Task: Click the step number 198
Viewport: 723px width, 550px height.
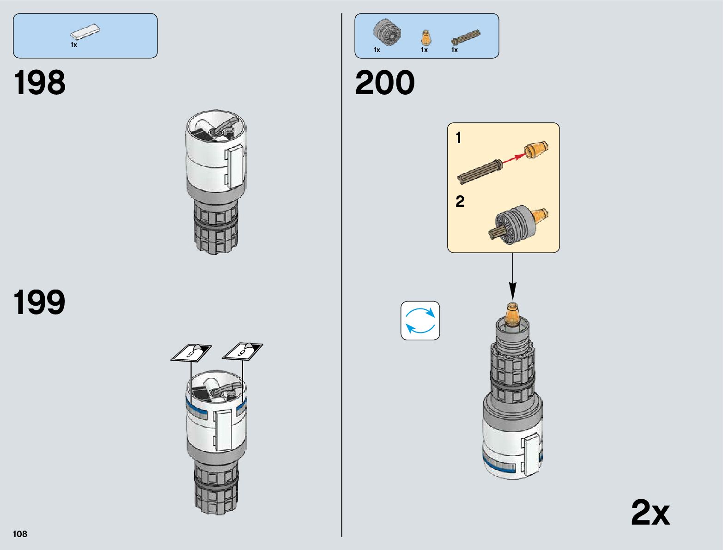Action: (x=40, y=83)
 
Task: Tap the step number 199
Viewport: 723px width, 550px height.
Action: (x=40, y=303)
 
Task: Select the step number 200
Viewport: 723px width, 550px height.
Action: (x=385, y=83)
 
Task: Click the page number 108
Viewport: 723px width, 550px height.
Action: (x=20, y=534)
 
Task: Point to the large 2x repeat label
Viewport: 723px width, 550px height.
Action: (x=650, y=513)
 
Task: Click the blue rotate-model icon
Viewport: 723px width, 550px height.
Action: (x=420, y=320)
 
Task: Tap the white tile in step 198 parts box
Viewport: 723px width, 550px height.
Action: (x=85, y=32)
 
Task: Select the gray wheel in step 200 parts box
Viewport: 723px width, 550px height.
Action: (x=387, y=33)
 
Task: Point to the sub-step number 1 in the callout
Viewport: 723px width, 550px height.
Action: (x=458, y=138)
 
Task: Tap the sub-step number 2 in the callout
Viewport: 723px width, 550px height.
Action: (x=460, y=202)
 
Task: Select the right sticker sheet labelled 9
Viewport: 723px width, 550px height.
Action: (x=243, y=352)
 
